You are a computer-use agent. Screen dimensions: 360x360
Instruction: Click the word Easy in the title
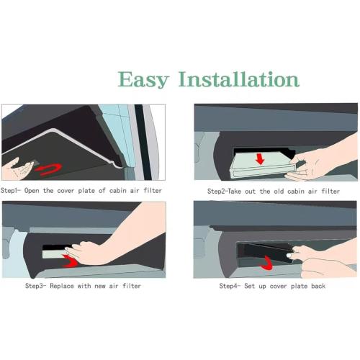(x=143, y=80)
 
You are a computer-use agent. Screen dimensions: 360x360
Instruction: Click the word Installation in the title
(x=239, y=79)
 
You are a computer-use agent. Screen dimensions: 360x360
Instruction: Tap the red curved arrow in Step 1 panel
(x=49, y=169)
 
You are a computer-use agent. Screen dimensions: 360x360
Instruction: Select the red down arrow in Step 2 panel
(x=260, y=159)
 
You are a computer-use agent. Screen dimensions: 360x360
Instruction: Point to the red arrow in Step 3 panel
(x=71, y=261)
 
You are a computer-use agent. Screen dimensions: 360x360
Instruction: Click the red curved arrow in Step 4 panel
(x=267, y=264)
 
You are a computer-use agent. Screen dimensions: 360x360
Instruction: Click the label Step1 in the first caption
(x=9, y=191)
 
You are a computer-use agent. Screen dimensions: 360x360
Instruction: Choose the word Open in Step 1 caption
(x=32, y=191)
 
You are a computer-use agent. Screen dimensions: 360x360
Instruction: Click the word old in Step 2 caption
(x=279, y=192)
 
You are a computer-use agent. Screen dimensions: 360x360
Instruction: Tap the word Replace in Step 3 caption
(x=62, y=286)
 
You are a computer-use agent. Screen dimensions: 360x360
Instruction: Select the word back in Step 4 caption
(x=318, y=286)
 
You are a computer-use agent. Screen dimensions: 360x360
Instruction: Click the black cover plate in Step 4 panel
(x=265, y=253)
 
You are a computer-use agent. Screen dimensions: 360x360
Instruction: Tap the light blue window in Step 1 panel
(x=117, y=130)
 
